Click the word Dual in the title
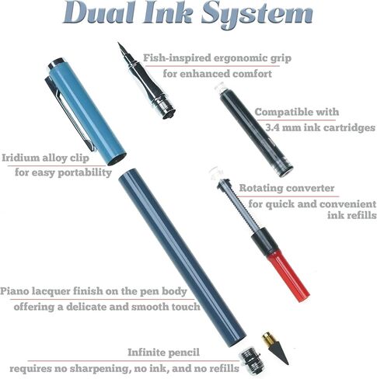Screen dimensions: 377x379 (x=99, y=12)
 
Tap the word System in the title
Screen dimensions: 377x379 (x=257, y=14)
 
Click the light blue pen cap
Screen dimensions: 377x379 (x=87, y=111)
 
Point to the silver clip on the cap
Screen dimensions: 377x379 (x=69, y=114)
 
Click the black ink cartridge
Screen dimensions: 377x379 (x=256, y=130)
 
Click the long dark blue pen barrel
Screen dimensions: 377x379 (x=182, y=258)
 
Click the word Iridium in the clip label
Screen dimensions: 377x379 (x=20, y=158)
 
